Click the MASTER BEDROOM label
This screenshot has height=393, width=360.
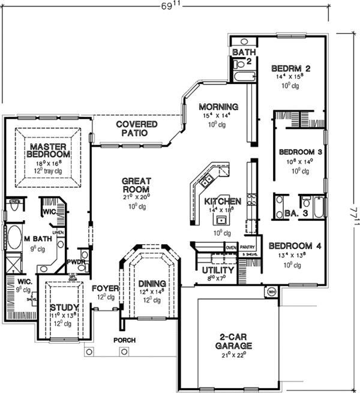(x=49, y=150)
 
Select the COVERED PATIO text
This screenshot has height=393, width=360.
(x=137, y=128)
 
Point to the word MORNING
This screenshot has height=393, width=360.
(x=218, y=107)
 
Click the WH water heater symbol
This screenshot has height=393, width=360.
(x=270, y=292)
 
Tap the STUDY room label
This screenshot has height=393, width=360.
(x=60, y=307)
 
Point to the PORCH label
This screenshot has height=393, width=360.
(x=125, y=340)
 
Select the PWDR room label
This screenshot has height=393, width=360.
(x=76, y=262)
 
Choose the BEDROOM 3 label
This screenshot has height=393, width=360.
(x=301, y=152)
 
